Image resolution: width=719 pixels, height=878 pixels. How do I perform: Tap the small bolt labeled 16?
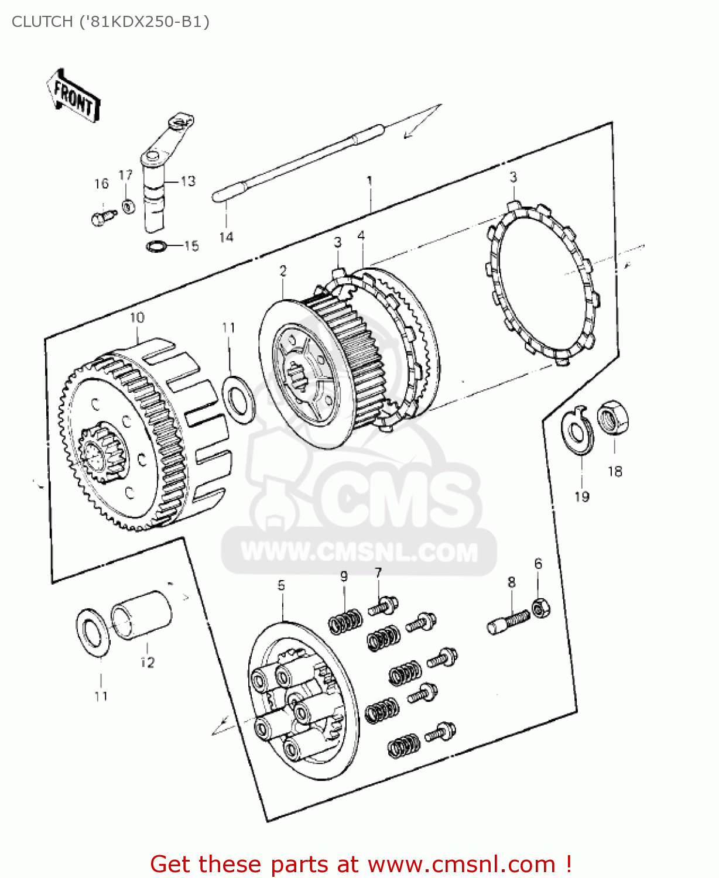[100, 218]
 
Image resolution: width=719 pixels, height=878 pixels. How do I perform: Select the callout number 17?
[126, 175]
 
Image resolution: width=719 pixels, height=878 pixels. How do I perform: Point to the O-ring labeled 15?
[155, 246]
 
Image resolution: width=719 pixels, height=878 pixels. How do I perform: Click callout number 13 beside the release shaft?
[188, 181]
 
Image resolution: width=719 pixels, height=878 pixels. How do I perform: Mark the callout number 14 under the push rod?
[226, 237]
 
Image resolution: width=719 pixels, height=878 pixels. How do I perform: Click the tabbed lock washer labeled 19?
[577, 432]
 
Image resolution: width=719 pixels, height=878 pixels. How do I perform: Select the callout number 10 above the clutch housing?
[137, 318]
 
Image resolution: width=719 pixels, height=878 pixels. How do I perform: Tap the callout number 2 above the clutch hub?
[283, 271]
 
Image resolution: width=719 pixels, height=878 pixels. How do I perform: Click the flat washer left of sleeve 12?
[93, 632]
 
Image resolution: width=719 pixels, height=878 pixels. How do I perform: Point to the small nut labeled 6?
[540, 609]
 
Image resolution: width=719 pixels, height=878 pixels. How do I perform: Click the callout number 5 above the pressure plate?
[282, 585]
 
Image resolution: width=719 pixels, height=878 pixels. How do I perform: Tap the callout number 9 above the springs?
[344, 576]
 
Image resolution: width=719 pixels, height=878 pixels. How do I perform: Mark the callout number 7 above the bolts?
[378, 572]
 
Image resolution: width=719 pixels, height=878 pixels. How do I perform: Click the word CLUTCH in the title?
[40, 22]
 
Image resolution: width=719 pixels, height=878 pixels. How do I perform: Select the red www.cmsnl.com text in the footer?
[461, 864]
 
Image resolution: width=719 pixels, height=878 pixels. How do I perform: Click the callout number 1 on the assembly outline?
[369, 181]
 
